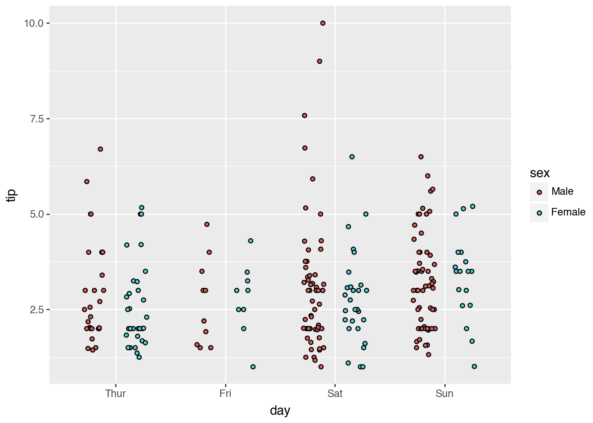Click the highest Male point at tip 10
click(x=323, y=23)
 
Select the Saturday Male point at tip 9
click(x=319, y=61)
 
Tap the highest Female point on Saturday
click(x=352, y=157)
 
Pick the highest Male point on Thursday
click(x=100, y=149)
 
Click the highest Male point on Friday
click(x=206, y=224)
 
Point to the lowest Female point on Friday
click(x=253, y=367)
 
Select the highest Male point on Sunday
click(x=421, y=157)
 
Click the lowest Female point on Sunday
click(x=474, y=366)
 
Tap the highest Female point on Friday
click(x=251, y=241)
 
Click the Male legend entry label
click(x=562, y=191)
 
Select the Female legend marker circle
click(x=539, y=213)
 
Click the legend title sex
click(x=540, y=173)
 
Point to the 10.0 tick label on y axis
click(x=34, y=23)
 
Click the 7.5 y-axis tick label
click(x=37, y=119)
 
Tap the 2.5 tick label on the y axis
click(x=37, y=310)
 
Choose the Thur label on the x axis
click(x=116, y=393)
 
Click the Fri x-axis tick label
click(x=225, y=393)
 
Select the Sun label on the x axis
click(x=444, y=393)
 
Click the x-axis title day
click(x=280, y=411)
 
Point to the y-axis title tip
click(x=11, y=195)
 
